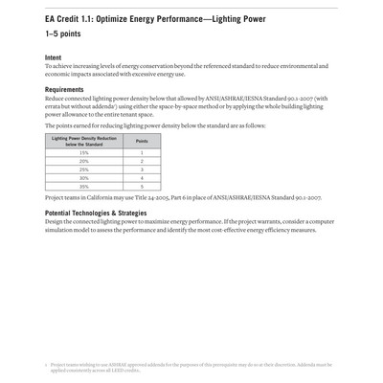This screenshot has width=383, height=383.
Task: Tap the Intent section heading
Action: pos(54,57)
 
